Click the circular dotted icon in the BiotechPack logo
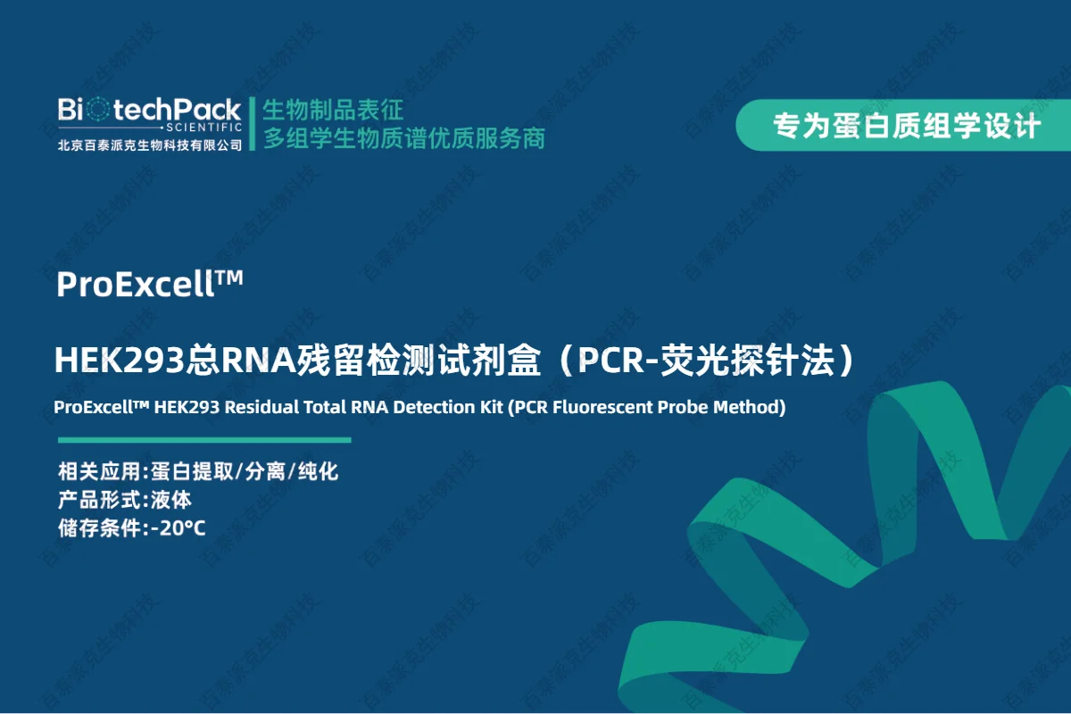point(98,110)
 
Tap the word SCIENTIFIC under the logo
point(204,128)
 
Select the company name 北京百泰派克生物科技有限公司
point(150,145)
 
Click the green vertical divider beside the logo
point(253,124)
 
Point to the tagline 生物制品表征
point(333,110)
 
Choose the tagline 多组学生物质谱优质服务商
point(404,138)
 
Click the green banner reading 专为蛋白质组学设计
point(903,125)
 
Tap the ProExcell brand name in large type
point(136,284)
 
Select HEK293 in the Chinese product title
point(120,360)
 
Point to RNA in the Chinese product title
point(259,360)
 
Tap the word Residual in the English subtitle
point(262,407)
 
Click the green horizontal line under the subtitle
point(204,440)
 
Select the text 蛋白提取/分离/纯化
point(245,471)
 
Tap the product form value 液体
point(171,500)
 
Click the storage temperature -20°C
point(178,528)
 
